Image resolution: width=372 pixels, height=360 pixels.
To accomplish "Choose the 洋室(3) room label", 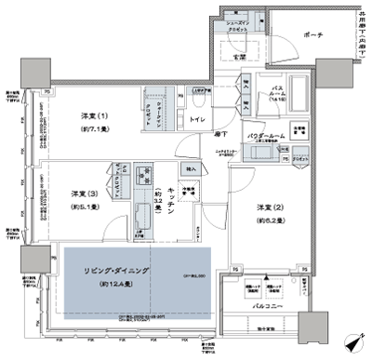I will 81,193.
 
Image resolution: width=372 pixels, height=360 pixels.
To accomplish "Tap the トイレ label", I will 198,121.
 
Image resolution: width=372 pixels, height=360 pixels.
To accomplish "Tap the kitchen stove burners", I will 145,175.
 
